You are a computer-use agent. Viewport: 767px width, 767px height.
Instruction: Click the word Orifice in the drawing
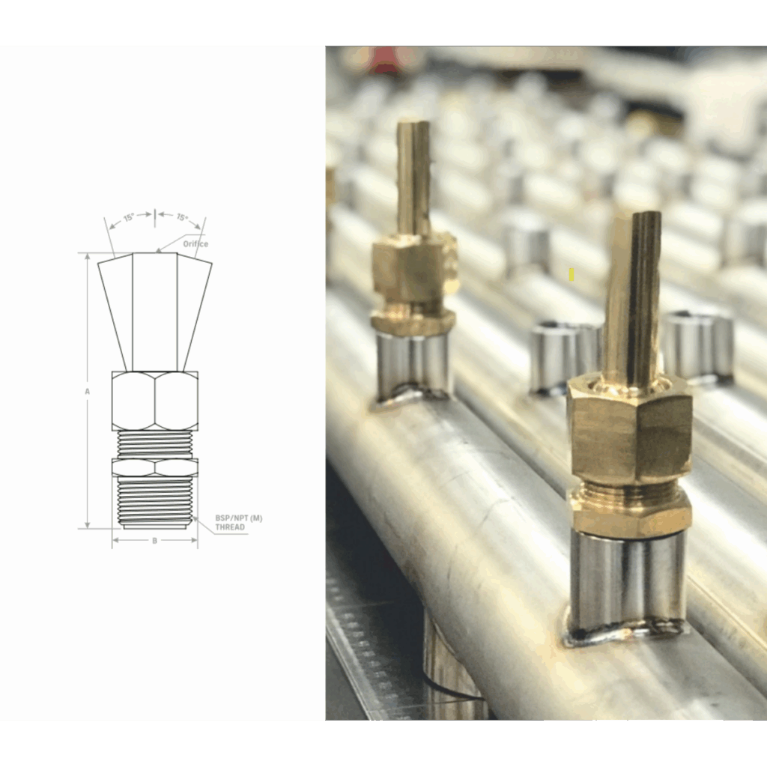point(195,243)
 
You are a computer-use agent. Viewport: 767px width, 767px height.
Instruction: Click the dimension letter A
point(88,391)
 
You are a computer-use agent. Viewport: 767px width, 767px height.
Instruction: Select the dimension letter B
point(155,541)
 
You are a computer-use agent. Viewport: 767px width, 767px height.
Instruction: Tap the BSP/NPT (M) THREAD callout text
point(239,522)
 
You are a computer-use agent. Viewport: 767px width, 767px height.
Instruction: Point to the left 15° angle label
point(129,218)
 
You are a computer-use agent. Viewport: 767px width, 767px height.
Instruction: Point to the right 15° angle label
point(182,217)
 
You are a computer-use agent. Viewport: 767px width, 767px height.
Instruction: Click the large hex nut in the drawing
point(155,401)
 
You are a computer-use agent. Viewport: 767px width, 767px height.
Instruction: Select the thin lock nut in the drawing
point(155,467)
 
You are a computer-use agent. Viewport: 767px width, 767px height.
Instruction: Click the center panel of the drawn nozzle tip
point(155,312)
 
